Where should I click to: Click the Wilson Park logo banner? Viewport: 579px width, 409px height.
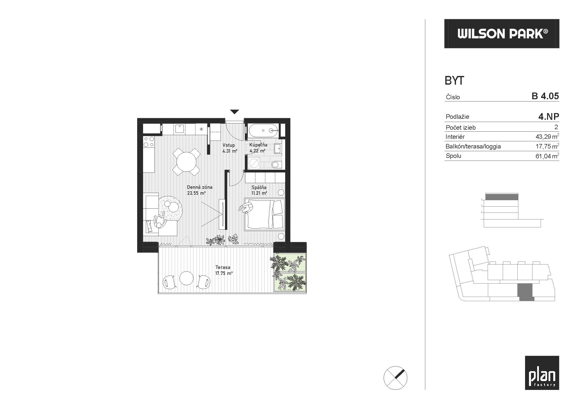point(502,33)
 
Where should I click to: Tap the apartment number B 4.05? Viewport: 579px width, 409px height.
point(545,96)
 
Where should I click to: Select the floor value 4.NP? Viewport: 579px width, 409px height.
point(549,117)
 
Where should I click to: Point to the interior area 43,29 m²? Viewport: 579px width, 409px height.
point(547,137)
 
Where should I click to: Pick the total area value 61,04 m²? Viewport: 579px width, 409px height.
point(547,156)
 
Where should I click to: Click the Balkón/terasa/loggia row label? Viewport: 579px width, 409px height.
point(473,146)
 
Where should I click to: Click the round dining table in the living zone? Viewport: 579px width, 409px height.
point(186,162)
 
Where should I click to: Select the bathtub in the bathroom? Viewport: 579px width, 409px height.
point(264,131)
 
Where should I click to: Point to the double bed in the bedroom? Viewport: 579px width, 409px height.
point(264,214)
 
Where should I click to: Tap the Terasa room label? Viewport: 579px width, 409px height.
point(223,267)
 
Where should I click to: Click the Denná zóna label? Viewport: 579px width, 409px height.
point(200,187)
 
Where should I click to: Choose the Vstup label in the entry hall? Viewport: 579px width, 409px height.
point(228,145)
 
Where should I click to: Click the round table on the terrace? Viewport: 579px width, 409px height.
point(186,278)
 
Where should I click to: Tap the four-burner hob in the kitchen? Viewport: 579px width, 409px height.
point(149,142)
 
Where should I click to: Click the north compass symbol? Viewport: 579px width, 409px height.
point(395,378)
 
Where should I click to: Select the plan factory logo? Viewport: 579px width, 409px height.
point(542,373)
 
